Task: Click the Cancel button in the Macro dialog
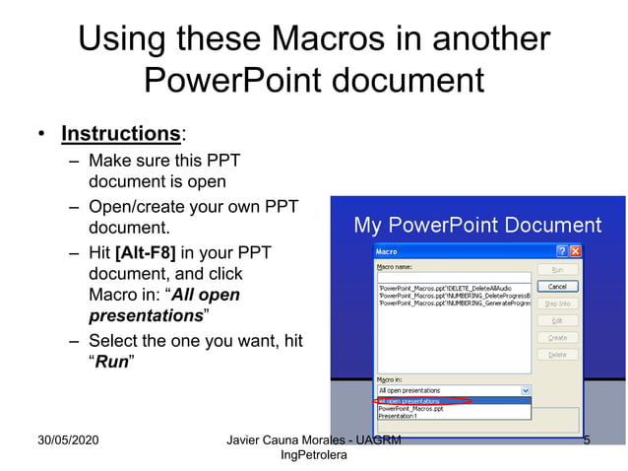(x=557, y=286)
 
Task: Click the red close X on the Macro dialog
(x=576, y=251)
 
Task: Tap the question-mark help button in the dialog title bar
(x=562, y=251)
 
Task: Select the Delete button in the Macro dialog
(x=557, y=355)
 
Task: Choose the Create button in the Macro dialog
(x=557, y=337)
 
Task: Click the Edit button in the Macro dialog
(x=557, y=320)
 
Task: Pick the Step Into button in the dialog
(x=557, y=303)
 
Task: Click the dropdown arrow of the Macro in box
(x=527, y=390)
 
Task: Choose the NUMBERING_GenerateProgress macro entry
(x=453, y=303)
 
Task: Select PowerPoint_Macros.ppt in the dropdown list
(x=410, y=408)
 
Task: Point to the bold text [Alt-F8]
(x=147, y=253)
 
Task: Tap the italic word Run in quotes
(x=111, y=362)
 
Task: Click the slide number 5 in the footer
(x=587, y=439)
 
